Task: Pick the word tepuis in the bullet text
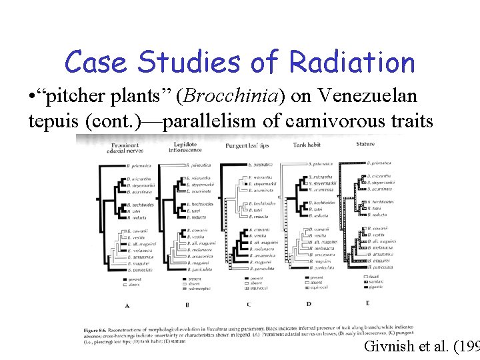[x=53, y=121]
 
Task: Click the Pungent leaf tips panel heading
[x=247, y=145]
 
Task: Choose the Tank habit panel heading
[x=308, y=145]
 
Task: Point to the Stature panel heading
[x=365, y=143]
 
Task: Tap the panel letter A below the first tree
[x=127, y=305]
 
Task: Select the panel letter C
[x=248, y=305]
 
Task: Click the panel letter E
[x=367, y=303]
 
